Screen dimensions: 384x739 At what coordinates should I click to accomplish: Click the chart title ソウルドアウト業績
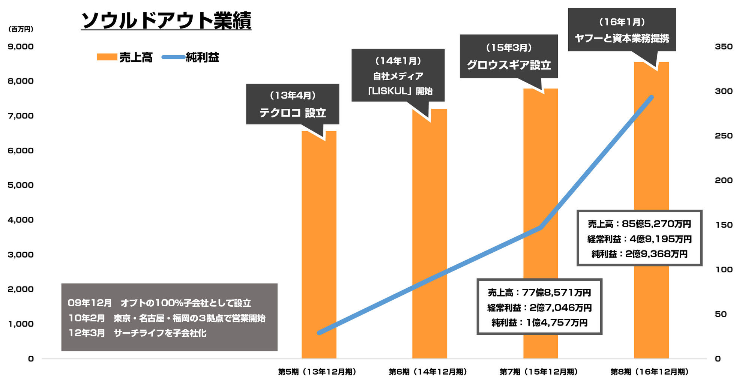coord(166,20)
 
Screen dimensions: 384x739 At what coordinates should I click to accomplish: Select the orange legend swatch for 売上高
coord(107,57)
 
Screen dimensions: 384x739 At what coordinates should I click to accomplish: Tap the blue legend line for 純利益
coord(173,57)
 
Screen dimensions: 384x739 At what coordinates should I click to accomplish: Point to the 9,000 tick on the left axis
coord(21,46)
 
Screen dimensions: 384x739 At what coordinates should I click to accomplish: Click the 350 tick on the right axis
coord(724,46)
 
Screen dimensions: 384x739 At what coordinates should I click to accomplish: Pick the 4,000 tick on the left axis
coord(21,220)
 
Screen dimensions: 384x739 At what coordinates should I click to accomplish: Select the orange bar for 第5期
coord(319,244)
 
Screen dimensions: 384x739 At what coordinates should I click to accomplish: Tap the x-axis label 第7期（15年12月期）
coord(539,372)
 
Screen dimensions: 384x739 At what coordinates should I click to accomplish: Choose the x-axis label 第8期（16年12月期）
coord(650,372)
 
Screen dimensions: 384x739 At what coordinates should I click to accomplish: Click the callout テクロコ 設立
coord(293,104)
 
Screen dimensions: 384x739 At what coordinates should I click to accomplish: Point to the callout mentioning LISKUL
coord(398,75)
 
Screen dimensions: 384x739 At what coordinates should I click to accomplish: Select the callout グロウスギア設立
coord(509,57)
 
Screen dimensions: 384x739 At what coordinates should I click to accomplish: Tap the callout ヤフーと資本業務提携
coord(622,30)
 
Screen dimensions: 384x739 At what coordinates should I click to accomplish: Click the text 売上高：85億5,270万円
coord(639,224)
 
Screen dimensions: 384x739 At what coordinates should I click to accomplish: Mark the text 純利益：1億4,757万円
coord(539,322)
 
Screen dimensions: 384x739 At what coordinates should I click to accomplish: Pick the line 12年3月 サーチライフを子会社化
coord(137,333)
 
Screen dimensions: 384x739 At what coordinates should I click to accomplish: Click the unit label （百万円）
coord(21,29)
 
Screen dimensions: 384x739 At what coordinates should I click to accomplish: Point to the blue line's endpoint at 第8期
coord(652,97)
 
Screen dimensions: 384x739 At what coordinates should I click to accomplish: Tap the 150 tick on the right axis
coord(724,225)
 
